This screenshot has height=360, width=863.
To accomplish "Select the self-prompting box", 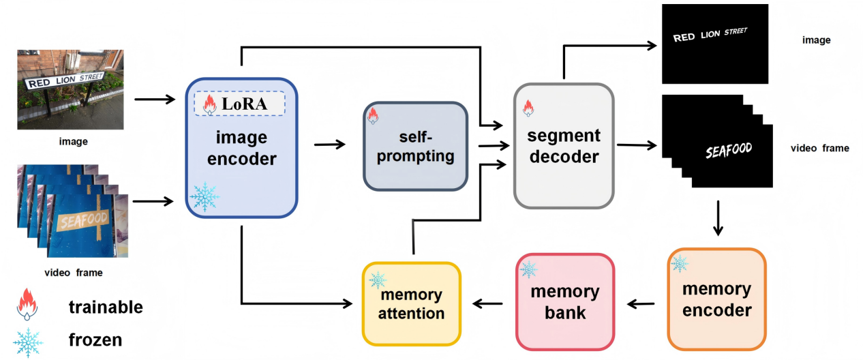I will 415,146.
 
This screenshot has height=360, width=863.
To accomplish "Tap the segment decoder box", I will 563,145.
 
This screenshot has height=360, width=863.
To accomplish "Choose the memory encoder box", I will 716,299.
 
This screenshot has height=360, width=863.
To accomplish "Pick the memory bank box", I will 564,302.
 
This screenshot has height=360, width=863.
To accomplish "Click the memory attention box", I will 412,303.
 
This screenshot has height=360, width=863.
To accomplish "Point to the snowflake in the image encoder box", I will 205,196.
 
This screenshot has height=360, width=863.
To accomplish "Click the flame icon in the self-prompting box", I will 372,115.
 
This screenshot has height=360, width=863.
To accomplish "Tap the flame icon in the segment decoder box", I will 527,107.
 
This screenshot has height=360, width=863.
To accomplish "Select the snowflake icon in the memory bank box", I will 528,269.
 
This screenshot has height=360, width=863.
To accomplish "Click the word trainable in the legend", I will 106,307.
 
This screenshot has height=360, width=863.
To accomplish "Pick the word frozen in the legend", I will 95,339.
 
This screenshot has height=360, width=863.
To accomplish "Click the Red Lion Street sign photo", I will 70,89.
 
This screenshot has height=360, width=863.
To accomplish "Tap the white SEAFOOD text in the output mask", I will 728,151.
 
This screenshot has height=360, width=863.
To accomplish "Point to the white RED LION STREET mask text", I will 710,35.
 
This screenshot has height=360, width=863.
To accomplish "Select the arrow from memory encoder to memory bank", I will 641,304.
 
